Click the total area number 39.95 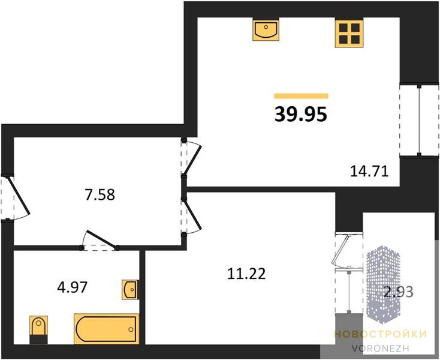pos(301,115)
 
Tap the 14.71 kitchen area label pos(369,171)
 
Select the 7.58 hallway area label pos(100,194)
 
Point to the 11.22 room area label pos(246,274)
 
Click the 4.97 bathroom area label pos(72,287)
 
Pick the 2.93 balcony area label pos(398,292)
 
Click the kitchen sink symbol pos(266,30)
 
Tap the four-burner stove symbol pos(349,33)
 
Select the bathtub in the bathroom pos(106,329)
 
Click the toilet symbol pos(39,329)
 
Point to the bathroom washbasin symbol pos(130,289)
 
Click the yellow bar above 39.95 pos(301,96)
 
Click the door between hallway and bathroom pos(99,241)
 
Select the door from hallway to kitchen pos(192,158)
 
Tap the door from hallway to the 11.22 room pos(192,217)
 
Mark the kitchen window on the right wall pos(419,120)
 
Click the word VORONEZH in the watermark pos(380,348)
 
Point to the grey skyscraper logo pos(383,285)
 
